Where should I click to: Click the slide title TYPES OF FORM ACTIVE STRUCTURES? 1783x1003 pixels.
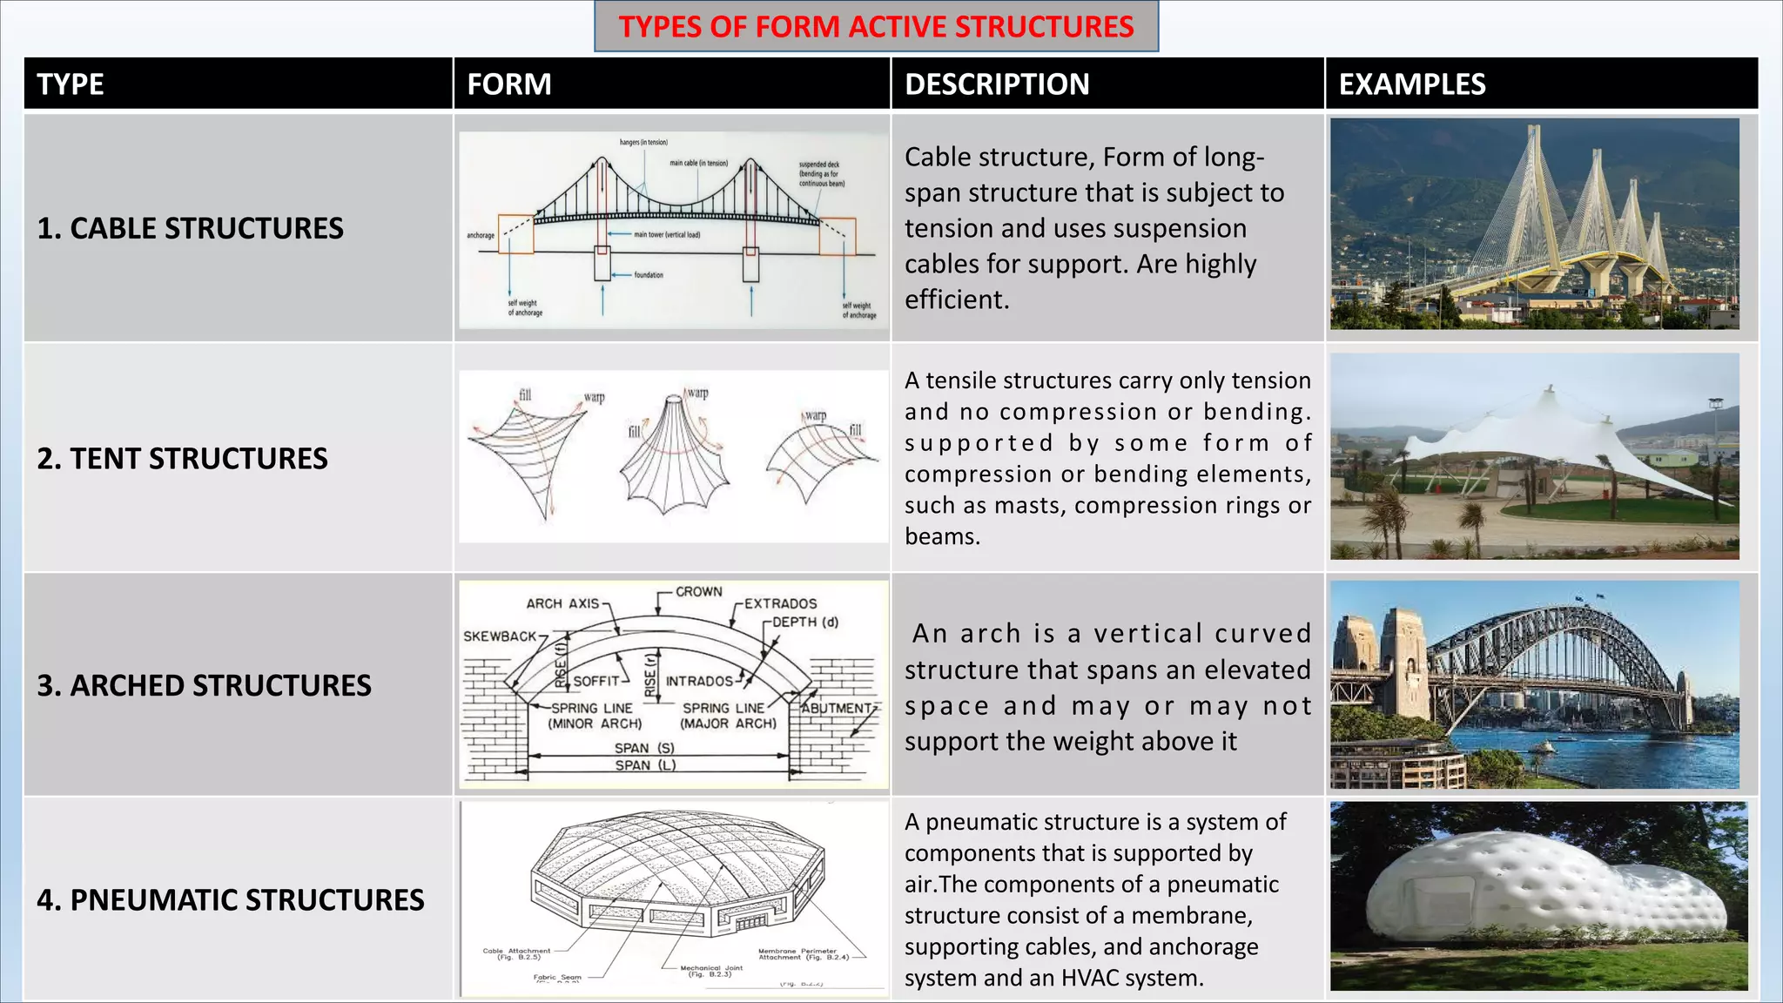[876, 27]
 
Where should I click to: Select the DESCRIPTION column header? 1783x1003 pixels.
[997, 84]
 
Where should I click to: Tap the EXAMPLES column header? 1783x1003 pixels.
[1411, 84]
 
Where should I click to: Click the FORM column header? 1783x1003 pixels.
[509, 84]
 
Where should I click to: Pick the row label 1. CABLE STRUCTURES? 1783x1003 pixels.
[190, 228]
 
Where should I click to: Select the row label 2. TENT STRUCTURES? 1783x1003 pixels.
[182, 459]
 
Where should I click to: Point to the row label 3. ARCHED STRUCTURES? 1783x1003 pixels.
[204, 685]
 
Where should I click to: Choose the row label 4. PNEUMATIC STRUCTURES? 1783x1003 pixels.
[230, 899]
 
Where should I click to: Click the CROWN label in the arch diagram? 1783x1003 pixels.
[698, 592]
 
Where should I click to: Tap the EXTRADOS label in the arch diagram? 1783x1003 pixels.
[780, 603]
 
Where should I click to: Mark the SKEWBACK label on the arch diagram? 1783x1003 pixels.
[500, 636]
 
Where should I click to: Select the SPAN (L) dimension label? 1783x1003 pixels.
[645, 765]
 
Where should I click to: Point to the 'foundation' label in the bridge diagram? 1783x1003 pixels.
[649, 275]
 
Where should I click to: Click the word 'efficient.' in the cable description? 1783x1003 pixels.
[957, 300]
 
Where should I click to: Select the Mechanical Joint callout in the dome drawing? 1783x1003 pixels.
[710, 970]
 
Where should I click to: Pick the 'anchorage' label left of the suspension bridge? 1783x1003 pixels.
[480, 236]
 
